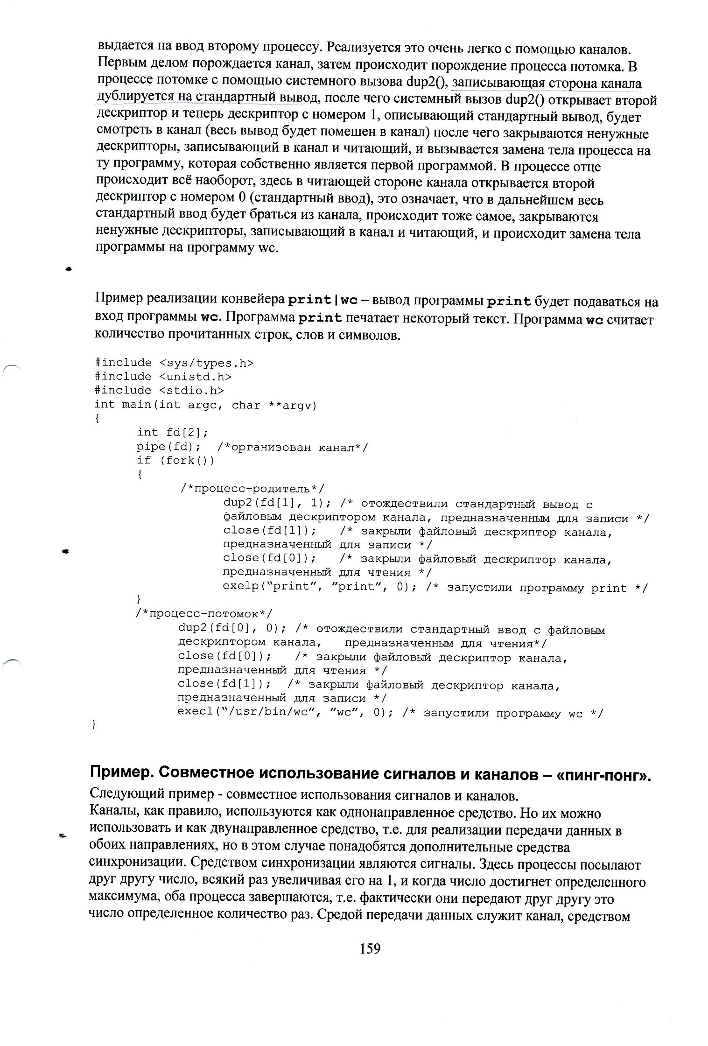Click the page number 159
370,948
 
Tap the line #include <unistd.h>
163,376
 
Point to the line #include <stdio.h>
159,390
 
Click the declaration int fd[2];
172,433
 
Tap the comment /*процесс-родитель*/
252,489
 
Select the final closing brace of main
94,724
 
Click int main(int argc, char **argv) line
205,405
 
